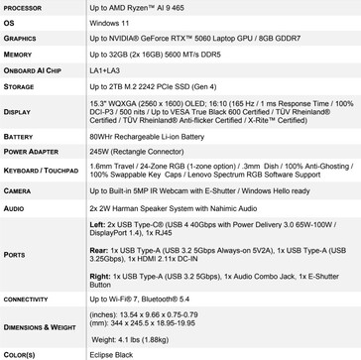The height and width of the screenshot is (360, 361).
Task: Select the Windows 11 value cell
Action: click(x=102, y=22)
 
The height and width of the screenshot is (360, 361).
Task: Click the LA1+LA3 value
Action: click(x=101, y=71)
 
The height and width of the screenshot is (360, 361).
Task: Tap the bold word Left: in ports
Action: click(x=96, y=224)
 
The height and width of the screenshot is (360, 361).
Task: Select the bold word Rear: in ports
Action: click(x=97, y=250)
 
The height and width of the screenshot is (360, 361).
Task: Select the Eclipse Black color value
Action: click(x=110, y=353)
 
